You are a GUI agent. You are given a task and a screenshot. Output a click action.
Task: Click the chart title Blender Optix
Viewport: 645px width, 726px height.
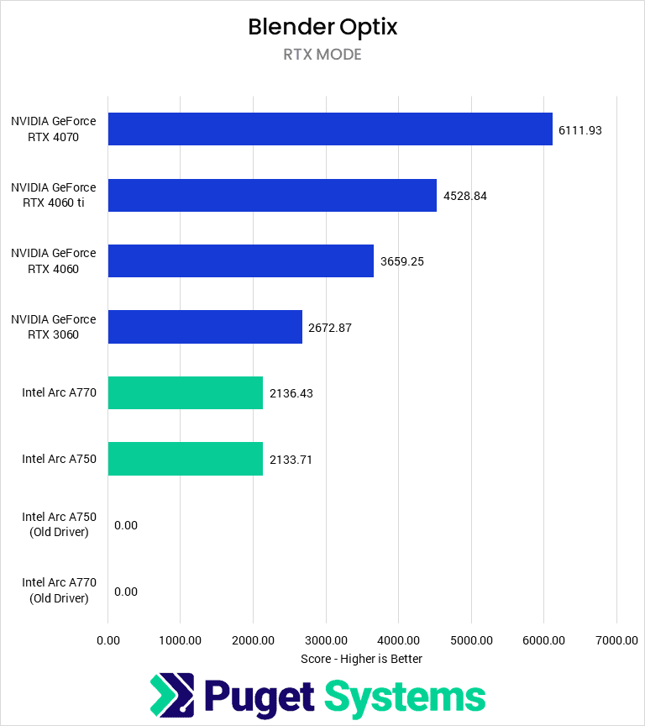point(322,27)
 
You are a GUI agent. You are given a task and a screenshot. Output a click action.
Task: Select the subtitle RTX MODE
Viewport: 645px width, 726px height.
point(322,55)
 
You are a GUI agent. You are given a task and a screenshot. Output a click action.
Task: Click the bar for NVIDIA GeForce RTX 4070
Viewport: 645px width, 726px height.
point(330,129)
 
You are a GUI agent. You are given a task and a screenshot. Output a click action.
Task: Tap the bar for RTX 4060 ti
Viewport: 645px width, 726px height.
point(272,195)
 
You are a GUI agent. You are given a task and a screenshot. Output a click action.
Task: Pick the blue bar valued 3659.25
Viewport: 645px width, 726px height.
point(241,261)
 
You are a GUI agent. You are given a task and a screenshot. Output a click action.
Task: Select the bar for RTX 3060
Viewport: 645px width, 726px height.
point(205,327)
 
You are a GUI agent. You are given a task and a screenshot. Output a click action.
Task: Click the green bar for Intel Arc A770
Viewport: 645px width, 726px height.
point(186,393)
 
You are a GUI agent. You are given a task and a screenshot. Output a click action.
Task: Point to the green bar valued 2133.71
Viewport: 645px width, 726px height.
point(186,459)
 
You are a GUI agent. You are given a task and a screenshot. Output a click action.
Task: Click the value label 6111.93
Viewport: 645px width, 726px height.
point(580,130)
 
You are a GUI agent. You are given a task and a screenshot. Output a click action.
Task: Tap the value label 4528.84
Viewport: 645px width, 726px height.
point(465,196)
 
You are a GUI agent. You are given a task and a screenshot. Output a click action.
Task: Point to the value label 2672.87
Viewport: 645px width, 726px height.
point(330,328)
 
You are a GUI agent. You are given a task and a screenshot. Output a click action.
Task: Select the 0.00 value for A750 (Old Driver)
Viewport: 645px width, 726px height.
point(125,525)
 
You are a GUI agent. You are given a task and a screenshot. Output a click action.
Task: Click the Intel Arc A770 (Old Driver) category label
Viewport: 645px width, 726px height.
point(59,591)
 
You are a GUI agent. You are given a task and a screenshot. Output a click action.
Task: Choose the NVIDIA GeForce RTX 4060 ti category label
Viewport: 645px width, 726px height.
point(54,195)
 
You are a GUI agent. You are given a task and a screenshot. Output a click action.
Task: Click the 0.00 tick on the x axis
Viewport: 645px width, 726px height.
point(108,640)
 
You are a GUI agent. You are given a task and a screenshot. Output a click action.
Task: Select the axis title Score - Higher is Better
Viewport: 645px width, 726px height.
point(361,659)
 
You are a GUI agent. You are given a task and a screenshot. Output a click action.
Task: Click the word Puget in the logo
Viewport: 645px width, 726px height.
point(260,697)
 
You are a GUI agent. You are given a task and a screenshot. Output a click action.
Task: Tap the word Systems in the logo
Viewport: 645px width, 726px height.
point(405,697)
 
